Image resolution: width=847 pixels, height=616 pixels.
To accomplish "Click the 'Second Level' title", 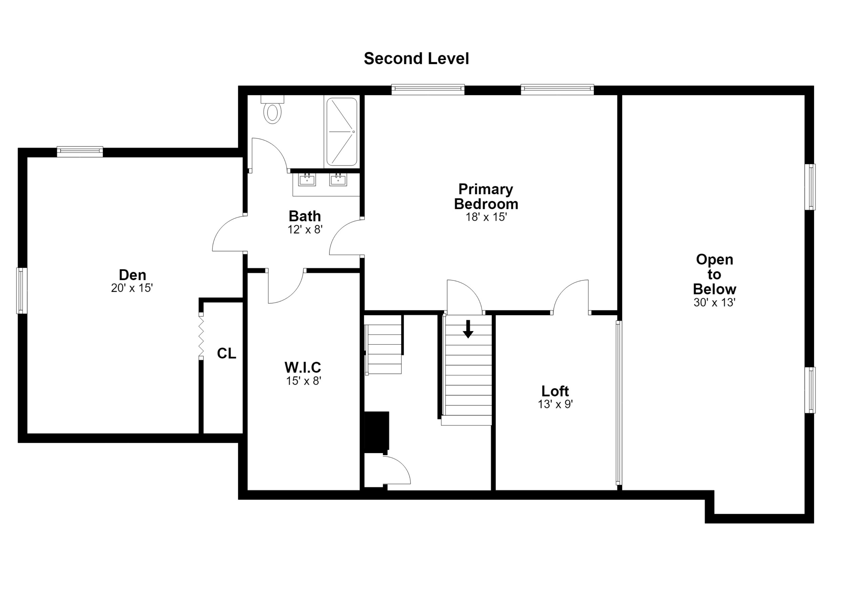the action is tap(416, 59).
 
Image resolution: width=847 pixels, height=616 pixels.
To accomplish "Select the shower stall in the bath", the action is tap(342, 131).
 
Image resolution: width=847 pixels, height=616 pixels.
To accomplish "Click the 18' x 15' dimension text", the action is tap(486, 217).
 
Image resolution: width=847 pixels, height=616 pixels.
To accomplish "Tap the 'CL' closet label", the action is tap(226, 353).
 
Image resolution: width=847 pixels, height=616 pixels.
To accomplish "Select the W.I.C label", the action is tap(303, 368).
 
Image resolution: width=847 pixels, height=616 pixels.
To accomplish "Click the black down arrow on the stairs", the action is tap(468, 329).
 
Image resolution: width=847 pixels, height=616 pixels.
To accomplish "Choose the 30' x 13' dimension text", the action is tap(714, 302).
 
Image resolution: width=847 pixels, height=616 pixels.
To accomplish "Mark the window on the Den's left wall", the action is tap(22, 291).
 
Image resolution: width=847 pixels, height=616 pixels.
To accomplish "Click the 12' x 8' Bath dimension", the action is tap(305, 229).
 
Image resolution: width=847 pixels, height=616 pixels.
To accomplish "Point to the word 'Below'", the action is tap(714, 289).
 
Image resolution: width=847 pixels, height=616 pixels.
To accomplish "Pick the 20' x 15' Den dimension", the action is tap(132, 288).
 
